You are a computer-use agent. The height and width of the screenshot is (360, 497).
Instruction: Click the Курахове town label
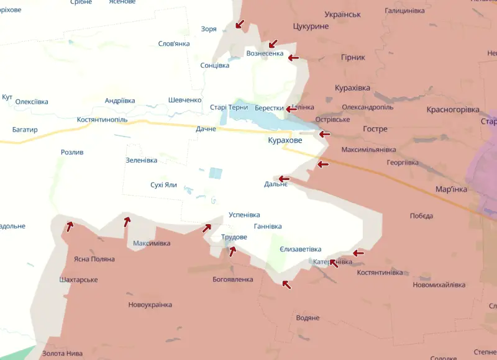(285, 141)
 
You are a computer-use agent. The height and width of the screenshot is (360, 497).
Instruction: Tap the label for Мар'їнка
(451, 189)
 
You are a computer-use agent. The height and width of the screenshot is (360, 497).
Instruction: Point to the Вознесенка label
(265, 53)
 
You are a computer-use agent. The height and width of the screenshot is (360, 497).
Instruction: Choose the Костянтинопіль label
(102, 119)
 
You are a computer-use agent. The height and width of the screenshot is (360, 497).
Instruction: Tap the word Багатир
(25, 130)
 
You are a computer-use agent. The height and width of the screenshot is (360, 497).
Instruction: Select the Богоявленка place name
(233, 279)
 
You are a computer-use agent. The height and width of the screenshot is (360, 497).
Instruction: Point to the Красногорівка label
(453, 109)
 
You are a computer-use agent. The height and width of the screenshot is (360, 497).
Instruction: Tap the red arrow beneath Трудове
(232, 251)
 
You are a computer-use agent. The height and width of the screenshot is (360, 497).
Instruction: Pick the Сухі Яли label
(163, 185)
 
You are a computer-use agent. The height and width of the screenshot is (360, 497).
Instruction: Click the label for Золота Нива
(62, 353)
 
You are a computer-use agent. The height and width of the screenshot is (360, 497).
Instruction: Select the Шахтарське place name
(79, 280)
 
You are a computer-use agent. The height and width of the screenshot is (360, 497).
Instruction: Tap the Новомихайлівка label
(439, 285)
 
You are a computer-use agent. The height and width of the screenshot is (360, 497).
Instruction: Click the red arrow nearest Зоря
(239, 24)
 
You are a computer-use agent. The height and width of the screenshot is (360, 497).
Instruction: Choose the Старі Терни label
(229, 107)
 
